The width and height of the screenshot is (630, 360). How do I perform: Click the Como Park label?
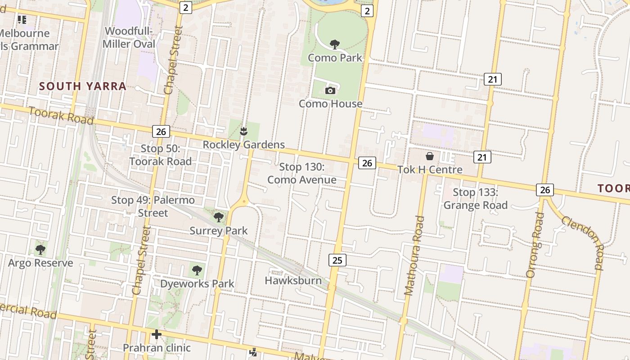click(335, 58)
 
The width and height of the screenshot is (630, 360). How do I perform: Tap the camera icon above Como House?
click(330, 90)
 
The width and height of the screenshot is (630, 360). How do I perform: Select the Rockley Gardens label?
click(243, 144)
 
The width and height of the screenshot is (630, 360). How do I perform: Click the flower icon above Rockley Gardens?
click(243, 131)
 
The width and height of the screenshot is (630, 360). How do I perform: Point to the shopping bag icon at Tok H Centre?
click(430, 156)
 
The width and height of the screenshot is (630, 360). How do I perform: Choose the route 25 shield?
click(337, 260)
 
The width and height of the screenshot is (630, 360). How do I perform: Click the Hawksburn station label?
click(293, 280)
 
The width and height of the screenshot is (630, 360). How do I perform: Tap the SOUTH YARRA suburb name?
click(83, 86)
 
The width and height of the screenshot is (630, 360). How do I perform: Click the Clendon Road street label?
click(581, 241)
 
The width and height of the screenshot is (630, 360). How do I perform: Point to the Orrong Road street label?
click(535, 244)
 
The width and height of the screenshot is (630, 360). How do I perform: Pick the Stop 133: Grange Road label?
click(475, 199)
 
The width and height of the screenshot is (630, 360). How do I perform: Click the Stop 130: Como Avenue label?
click(301, 173)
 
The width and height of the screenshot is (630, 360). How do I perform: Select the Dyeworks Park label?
click(197, 283)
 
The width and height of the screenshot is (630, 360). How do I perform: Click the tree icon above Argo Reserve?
click(40, 249)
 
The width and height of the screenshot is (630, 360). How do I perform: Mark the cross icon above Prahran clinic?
click(157, 334)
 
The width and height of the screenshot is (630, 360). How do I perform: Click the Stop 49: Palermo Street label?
click(153, 206)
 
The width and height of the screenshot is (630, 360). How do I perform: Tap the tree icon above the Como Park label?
click(334, 44)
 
